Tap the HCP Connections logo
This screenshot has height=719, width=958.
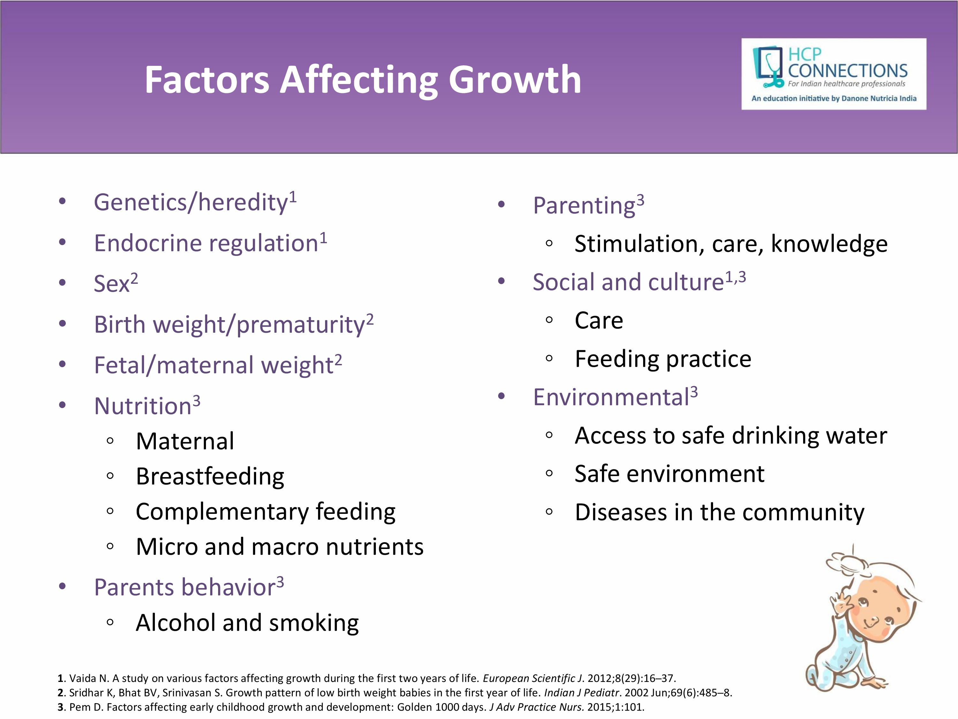click(x=834, y=74)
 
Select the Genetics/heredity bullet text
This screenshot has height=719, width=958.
click(x=195, y=202)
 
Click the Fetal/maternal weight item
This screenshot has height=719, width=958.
click(x=218, y=365)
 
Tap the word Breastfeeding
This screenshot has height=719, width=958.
click(x=210, y=476)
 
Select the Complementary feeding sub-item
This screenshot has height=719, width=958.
click(x=265, y=512)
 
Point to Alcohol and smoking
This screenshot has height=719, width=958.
click(x=247, y=623)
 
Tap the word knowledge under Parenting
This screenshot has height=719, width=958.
click(x=829, y=244)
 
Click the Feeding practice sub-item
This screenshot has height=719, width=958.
click(x=663, y=359)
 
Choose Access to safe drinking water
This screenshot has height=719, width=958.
click(x=731, y=436)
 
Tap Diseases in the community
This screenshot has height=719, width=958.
click(x=719, y=513)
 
